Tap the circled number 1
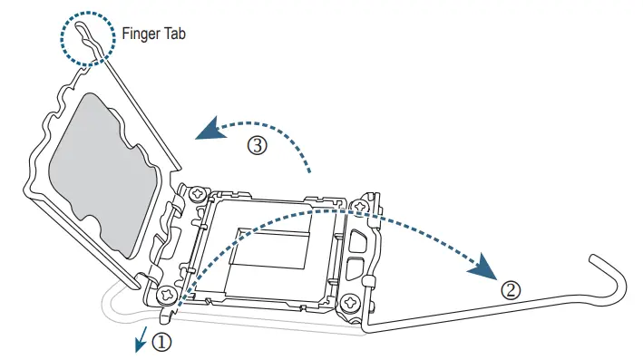pos(161,342)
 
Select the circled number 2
pos(511,290)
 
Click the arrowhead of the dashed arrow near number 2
pos(487,269)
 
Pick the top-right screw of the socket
pos(361,207)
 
